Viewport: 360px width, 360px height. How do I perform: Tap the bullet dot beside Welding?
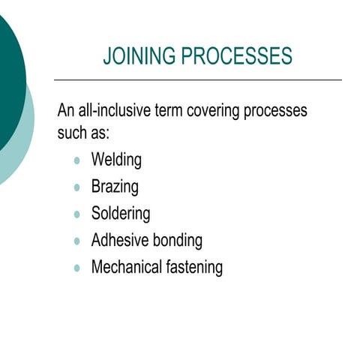[x=77, y=160]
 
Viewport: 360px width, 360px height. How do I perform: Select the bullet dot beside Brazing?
[x=77, y=187]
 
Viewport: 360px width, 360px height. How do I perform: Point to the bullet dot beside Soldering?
[x=77, y=214]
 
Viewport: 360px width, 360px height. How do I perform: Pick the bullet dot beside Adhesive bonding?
[x=77, y=241]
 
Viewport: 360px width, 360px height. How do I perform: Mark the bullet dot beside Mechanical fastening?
[x=77, y=268]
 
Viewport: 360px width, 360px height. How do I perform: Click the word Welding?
[x=116, y=160]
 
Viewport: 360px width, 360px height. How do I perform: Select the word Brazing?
[x=115, y=187]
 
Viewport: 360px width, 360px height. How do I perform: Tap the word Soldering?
[x=120, y=214]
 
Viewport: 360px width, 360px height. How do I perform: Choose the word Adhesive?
[x=120, y=241]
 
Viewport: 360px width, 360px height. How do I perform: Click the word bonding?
[x=178, y=241]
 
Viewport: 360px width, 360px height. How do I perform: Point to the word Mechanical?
[x=127, y=267]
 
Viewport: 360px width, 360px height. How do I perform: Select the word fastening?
[x=195, y=267]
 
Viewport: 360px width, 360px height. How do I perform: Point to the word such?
[x=73, y=133]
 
